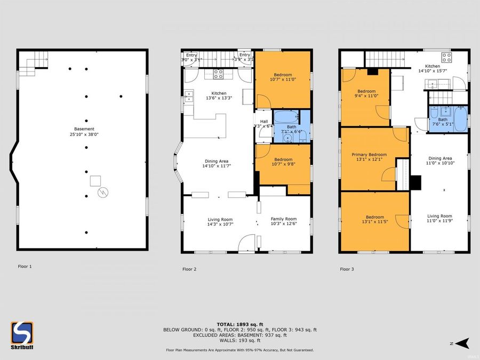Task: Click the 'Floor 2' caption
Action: [189, 269]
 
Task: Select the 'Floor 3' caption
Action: [347, 269]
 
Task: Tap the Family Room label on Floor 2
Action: [283, 219]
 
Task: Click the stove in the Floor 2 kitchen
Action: [218, 74]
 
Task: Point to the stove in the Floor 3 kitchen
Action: [446, 57]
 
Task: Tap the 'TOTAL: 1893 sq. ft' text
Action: [239, 324]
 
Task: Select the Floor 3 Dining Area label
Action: [440, 158]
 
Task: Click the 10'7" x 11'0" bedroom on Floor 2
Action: [283, 77]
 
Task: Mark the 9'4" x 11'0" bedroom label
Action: [366, 93]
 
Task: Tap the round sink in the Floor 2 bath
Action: [288, 138]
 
